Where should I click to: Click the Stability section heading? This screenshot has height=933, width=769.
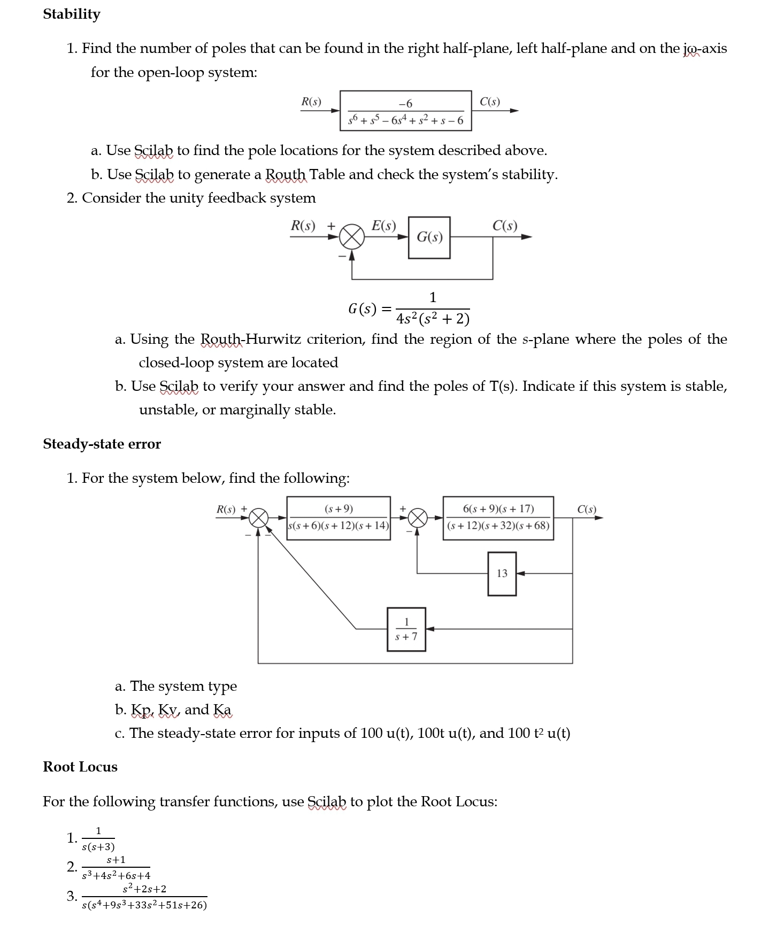(72, 14)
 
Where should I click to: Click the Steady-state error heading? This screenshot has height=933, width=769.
(102, 444)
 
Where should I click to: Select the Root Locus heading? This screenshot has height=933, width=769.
(80, 767)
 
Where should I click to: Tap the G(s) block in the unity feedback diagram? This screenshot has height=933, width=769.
(429, 237)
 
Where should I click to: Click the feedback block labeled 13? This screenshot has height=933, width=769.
(502, 573)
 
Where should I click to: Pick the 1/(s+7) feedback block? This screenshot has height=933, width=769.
(406, 629)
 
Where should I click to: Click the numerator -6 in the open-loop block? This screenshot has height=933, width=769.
(405, 103)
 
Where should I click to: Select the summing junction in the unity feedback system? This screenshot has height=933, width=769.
(351, 237)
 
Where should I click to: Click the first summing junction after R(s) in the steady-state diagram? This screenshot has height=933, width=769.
(259, 518)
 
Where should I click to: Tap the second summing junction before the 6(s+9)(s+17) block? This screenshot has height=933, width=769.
(418, 518)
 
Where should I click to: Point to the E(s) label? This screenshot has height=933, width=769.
(383, 226)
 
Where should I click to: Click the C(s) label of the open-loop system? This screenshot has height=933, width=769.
(490, 102)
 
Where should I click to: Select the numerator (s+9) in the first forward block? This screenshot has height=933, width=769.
(339, 508)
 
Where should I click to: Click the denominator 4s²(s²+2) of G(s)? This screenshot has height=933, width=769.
(433, 319)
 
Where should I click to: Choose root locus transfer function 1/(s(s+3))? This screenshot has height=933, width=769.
(98, 839)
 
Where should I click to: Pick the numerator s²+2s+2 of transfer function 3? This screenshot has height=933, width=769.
(144, 889)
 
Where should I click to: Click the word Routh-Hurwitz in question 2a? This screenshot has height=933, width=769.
(250, 340)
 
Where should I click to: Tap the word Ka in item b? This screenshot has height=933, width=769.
(222, 710)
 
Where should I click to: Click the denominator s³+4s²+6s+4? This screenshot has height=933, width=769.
(116, 876)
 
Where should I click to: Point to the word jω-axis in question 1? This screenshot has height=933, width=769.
(705, 49)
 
